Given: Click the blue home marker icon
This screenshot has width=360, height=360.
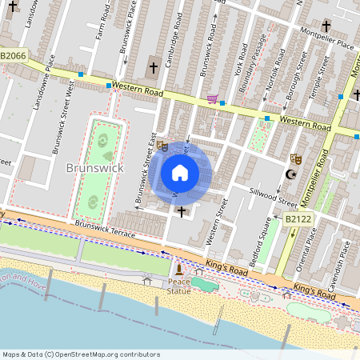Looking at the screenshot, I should [180, 172].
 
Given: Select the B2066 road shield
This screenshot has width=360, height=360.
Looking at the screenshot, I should [14, 55].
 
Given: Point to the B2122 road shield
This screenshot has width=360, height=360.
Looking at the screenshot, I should [297, 217].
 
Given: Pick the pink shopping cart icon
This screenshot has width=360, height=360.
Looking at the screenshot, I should [212, 98].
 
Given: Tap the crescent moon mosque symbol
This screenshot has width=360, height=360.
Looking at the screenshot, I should [291, 174].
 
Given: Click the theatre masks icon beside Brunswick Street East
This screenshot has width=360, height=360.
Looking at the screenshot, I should [162, 146].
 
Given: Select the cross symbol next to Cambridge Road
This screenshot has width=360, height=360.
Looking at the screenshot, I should [154, 69].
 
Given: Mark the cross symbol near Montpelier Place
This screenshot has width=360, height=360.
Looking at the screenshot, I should [326, 26].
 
